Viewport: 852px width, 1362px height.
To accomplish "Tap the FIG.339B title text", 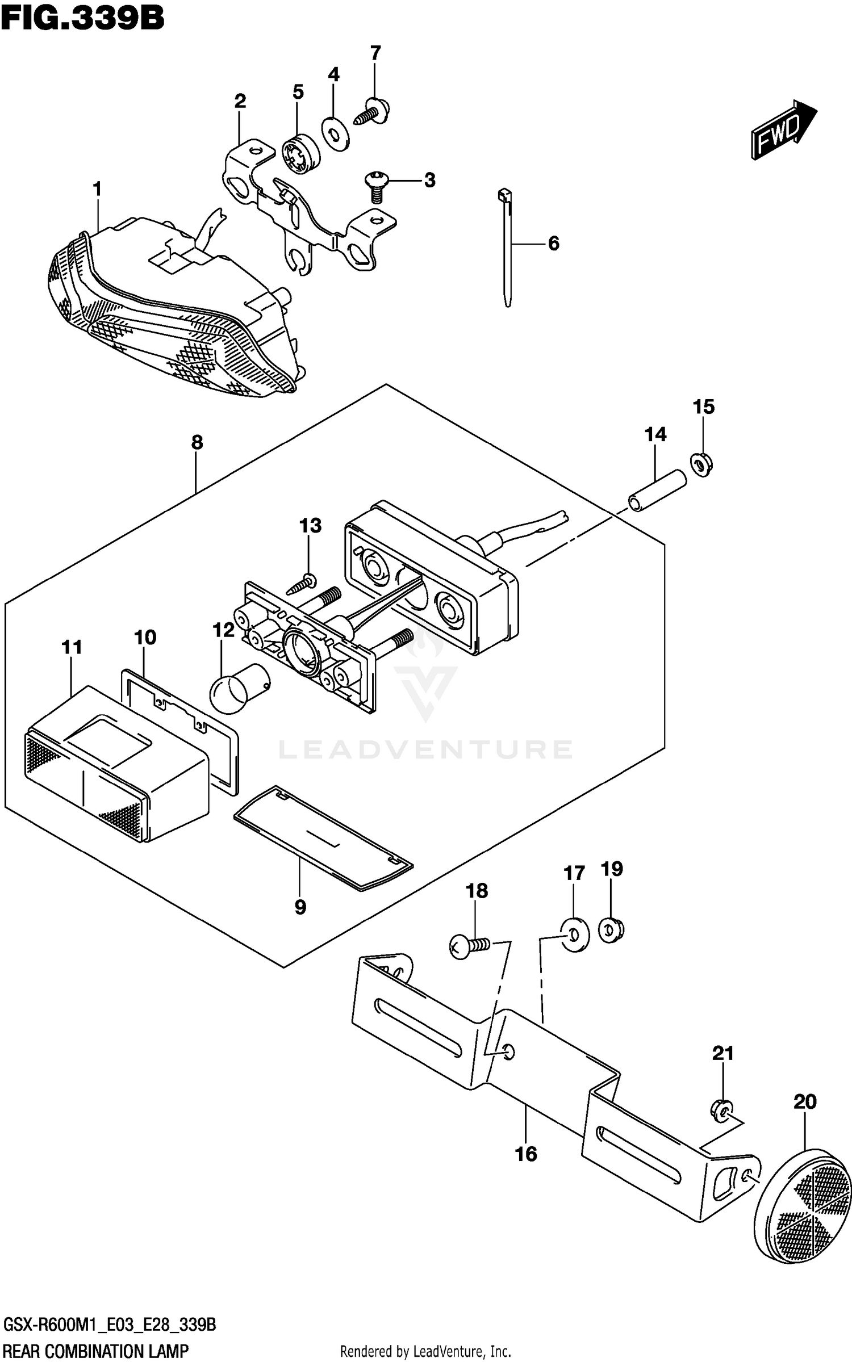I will tap(83, 18).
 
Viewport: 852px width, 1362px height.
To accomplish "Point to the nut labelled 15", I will tap(702, 464).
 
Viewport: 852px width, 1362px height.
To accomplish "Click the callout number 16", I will tap(526, 1154).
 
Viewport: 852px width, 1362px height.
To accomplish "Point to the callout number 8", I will tap(197, 442).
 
